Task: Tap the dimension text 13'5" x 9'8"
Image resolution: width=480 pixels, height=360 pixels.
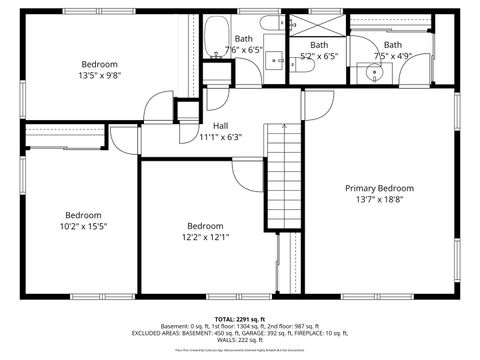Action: click(x=99, y=74)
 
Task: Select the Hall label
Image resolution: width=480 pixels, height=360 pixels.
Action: click(x=220, y=126)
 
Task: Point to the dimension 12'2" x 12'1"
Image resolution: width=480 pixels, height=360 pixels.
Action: click(x=205, y=237)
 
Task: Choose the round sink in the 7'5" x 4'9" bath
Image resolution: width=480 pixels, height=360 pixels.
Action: click(x=377, y=71)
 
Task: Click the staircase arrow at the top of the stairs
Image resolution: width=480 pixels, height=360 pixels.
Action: click(x=286, y=128)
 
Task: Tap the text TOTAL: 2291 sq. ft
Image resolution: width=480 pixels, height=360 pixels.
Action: click(x=239, y=318)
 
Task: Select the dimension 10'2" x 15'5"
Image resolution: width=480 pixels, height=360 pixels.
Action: click(x=84, y=226)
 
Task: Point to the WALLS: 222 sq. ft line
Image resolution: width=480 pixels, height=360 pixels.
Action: click(x=240, y=339)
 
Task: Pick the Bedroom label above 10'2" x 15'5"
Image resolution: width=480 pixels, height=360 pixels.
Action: click(x=84, y=215)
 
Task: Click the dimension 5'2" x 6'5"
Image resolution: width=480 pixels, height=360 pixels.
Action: click(x=320, y=56)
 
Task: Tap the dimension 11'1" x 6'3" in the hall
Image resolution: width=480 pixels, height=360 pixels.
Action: click(x=220, y=137)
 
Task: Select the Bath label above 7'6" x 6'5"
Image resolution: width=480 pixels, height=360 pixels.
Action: click(x=243, y=37)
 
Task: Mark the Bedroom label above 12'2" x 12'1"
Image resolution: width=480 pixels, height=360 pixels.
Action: click(x=205, y=226)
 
